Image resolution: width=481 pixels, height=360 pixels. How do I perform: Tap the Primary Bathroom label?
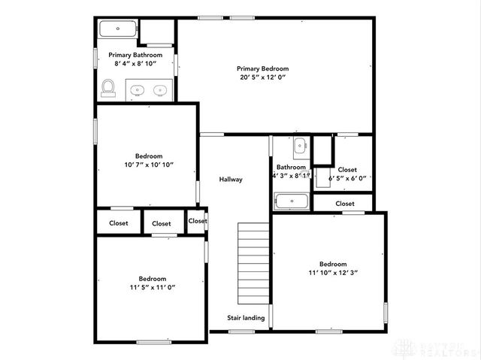click(x=135, y=55)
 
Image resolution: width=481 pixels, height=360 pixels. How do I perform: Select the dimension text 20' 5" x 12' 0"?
click(x=263, y=77)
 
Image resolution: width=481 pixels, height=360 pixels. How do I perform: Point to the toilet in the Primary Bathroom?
click(x=107, y=89)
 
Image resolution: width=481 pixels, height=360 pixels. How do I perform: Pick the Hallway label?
click(x=231, y=180)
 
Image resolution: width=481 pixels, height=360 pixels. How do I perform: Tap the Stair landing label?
click(x=246, y=318)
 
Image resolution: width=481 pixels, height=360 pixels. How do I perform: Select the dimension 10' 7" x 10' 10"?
click(x=149, y=165)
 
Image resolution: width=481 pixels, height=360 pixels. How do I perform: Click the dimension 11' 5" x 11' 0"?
click(x=152, y=287)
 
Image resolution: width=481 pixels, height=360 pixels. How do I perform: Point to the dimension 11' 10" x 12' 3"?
click(x=332, y=273)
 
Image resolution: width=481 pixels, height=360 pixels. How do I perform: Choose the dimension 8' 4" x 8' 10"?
click(x=135, y=65)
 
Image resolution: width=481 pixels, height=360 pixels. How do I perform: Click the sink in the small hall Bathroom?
click(x=299, y=144)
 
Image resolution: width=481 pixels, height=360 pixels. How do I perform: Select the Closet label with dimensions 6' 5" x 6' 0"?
click(x=347, y=170)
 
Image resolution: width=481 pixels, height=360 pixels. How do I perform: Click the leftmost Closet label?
click(x=119, y=223)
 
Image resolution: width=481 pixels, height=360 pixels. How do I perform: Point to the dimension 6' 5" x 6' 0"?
click(x=347, y=178)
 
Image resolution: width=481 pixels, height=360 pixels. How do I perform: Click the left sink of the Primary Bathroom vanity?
click(x=136, y=91)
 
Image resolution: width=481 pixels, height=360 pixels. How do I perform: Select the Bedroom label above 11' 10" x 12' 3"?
click(x=332, y=264)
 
